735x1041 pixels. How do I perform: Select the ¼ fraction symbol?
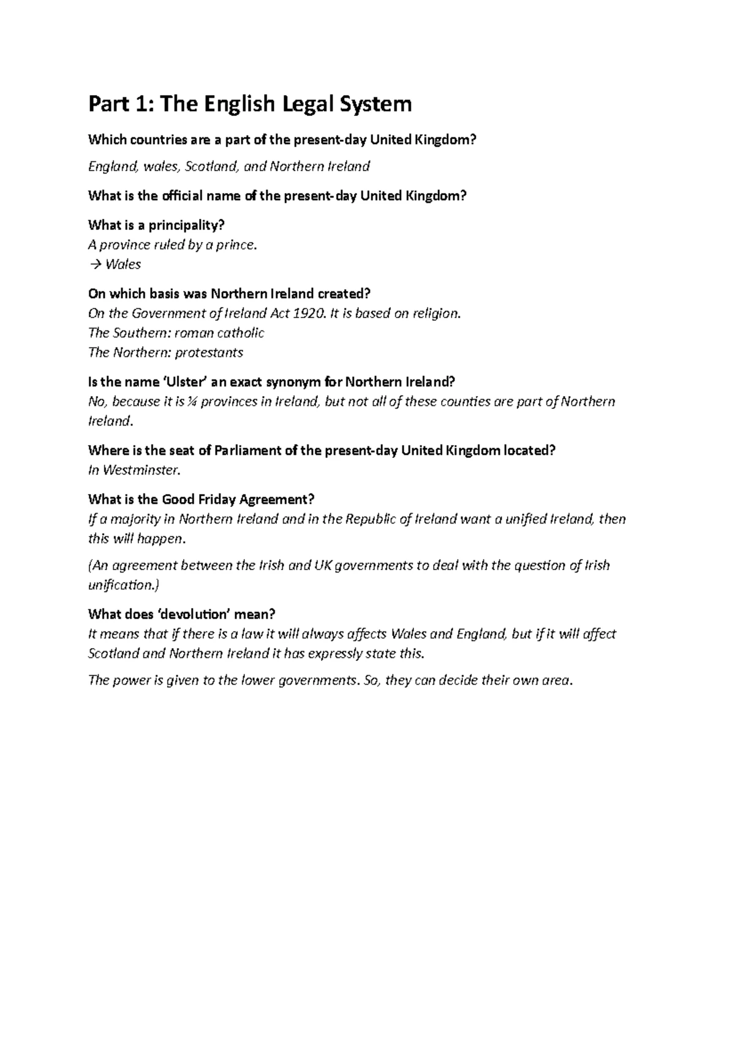(x=209, y=402)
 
